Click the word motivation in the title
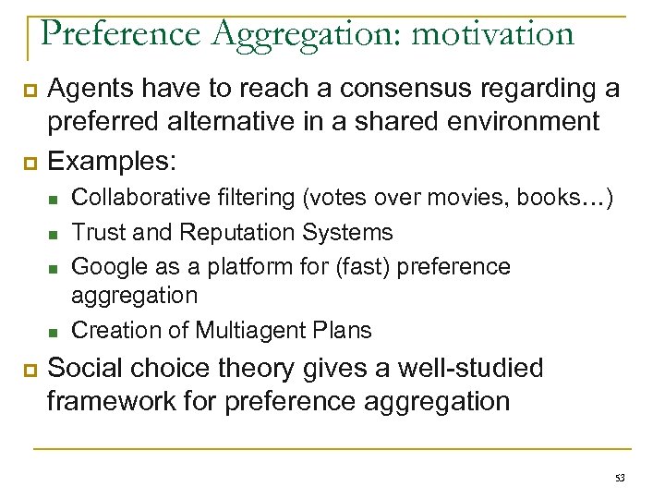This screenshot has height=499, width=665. (492, 33)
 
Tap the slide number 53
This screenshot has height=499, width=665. (619, 477)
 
